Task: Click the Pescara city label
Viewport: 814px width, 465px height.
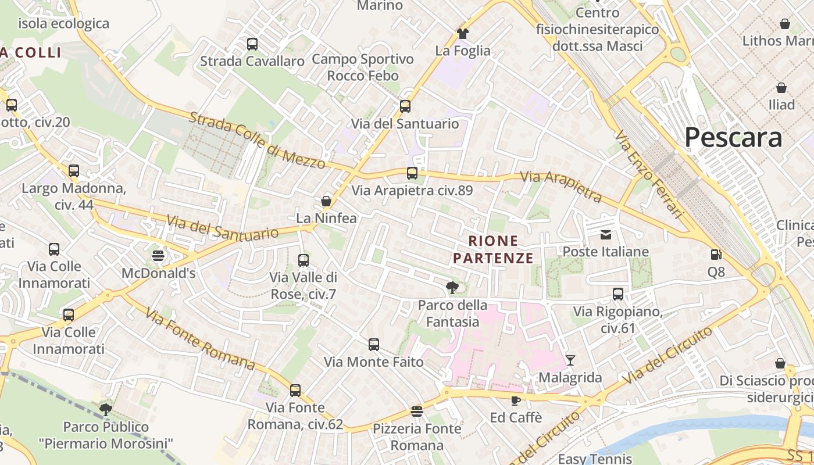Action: [x=733, y=138]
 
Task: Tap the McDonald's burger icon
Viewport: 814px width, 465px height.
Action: [x=158, y=255]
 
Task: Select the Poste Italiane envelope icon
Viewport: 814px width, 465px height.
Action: [x=606, y=234]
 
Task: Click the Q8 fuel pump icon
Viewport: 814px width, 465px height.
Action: [x=716, y=254]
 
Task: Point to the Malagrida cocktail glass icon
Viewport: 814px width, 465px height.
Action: [x=570, y=360]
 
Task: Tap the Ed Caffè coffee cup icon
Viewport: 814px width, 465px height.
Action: [x=515, y=400]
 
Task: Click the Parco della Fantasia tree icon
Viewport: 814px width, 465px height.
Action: [x=452, y=287]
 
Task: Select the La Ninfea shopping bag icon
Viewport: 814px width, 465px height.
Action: [x=326, y=201]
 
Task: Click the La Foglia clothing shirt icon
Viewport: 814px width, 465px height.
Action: [x=463, y=34]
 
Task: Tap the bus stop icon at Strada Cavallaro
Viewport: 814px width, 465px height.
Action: [x=252, y=44]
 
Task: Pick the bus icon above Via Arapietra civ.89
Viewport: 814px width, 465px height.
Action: [x=412, y=173]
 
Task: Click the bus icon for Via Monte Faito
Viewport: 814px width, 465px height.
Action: [x=374, y=345]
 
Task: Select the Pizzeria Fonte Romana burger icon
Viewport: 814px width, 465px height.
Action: [x=416, y=412]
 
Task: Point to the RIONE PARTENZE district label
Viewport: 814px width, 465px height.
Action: [x=493, y=249]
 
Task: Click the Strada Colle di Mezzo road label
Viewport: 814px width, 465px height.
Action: [x=258, y=140]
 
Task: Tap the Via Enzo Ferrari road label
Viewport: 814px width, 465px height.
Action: [x=649, y=174]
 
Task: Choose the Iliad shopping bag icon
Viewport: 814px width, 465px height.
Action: [x=781, y=88]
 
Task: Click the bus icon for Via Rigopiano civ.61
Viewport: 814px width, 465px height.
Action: [x=618, y=294]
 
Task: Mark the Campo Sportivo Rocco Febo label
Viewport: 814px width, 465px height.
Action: [x=363, y=67]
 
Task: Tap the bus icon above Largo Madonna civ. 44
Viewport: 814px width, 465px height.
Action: [x=74, y=171]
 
